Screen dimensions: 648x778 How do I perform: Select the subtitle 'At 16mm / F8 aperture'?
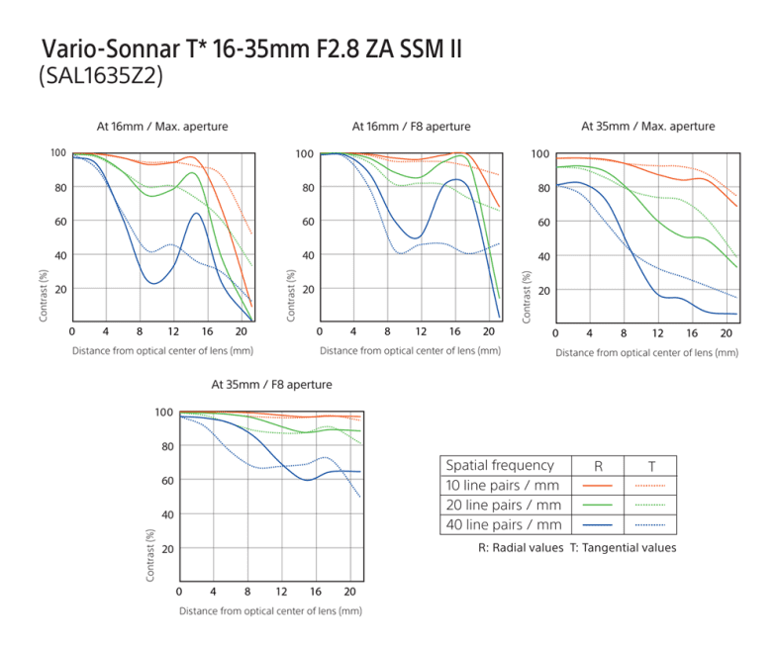pos(411,127)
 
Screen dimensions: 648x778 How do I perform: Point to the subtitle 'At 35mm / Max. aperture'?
pos(647,127)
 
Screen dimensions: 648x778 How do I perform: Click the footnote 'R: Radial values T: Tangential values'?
pos(576,548)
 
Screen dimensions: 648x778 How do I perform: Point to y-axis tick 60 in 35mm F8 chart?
pos(168,481)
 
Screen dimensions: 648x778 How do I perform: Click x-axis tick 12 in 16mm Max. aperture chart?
pos(173,330)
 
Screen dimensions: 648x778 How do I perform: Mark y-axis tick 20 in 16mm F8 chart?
pos(309,289)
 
